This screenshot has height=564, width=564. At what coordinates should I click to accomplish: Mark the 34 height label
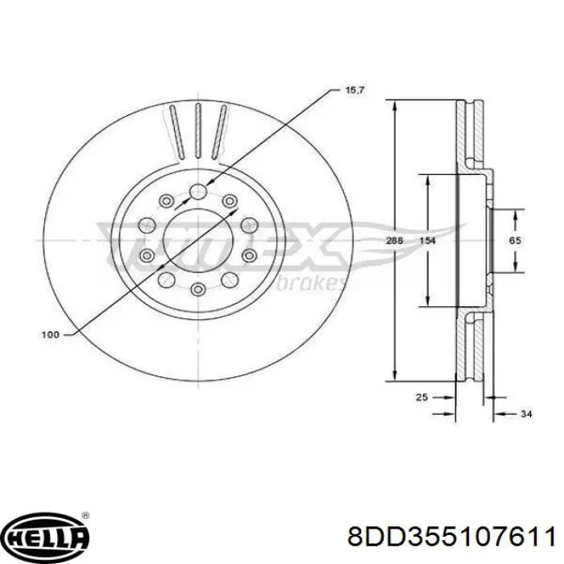tap(527, 414)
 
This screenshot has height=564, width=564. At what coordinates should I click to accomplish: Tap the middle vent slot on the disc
tap(197, 132)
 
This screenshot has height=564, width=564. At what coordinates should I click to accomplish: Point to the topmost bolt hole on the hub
tap(197, 192)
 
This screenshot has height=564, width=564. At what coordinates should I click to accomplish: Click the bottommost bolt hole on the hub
tap(197, 289)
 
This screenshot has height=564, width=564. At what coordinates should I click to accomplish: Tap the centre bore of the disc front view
tap(197, 240)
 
